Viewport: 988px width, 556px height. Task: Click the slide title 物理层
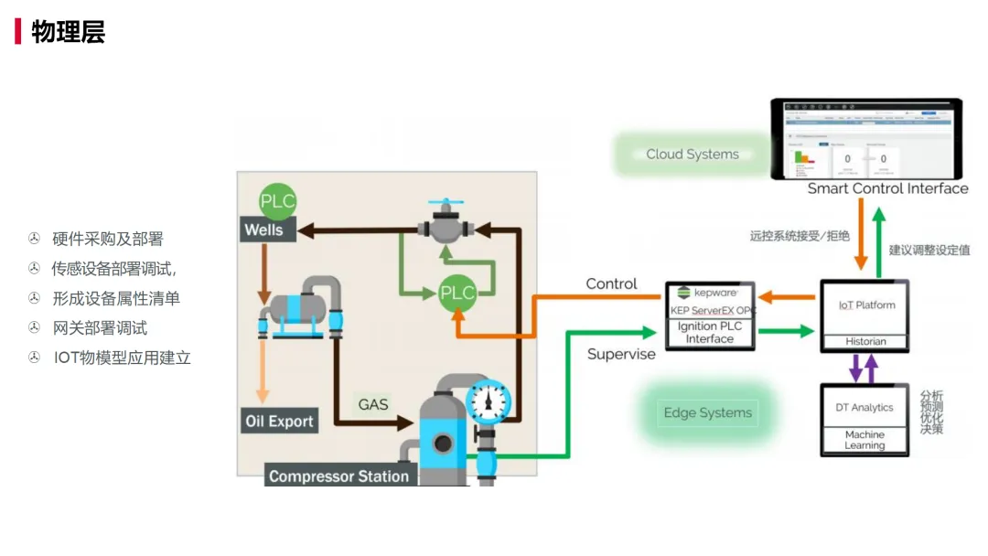pos(69,32)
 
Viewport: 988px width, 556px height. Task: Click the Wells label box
pos(263,230)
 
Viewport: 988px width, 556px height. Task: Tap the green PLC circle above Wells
pos(277,201)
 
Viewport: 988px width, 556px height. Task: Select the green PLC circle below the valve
pos(457,293)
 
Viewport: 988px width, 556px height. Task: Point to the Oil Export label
pos(279,422)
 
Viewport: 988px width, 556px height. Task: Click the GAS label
pos(373,404)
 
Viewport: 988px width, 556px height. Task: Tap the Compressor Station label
pos(338,476)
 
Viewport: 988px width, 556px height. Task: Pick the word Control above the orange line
pos(611,283)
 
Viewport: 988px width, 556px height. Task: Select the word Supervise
pos(621,354)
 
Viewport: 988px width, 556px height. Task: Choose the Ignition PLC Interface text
pos(710,332)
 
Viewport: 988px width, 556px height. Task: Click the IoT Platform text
pos(866,305)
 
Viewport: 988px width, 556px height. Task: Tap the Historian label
pos(864,341)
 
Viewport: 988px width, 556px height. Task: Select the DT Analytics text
pos(864,407)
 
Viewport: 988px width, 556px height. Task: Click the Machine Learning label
pos(864,440)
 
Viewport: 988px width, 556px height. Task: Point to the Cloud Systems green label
pos(693,155)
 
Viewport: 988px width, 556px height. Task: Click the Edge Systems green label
pos(707,413)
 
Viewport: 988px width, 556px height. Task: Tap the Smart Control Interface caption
pos(887,188)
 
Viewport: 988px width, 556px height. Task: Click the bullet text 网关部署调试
pos(100,327)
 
